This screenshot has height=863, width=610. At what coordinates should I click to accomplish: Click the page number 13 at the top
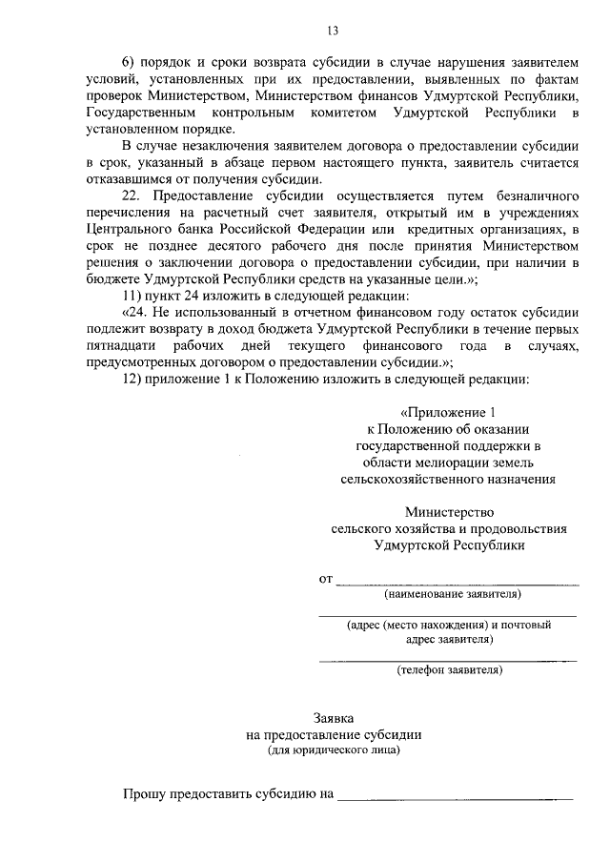pyautogui.click(x=305, y=29)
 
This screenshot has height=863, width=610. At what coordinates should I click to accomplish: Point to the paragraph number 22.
pyautogui.click(x=134, y=195)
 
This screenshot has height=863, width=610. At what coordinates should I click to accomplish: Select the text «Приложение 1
pyautogui.click(x=448, y=413)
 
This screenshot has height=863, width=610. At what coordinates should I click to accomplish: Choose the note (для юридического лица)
pyautogui.click(x=334, y=750)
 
